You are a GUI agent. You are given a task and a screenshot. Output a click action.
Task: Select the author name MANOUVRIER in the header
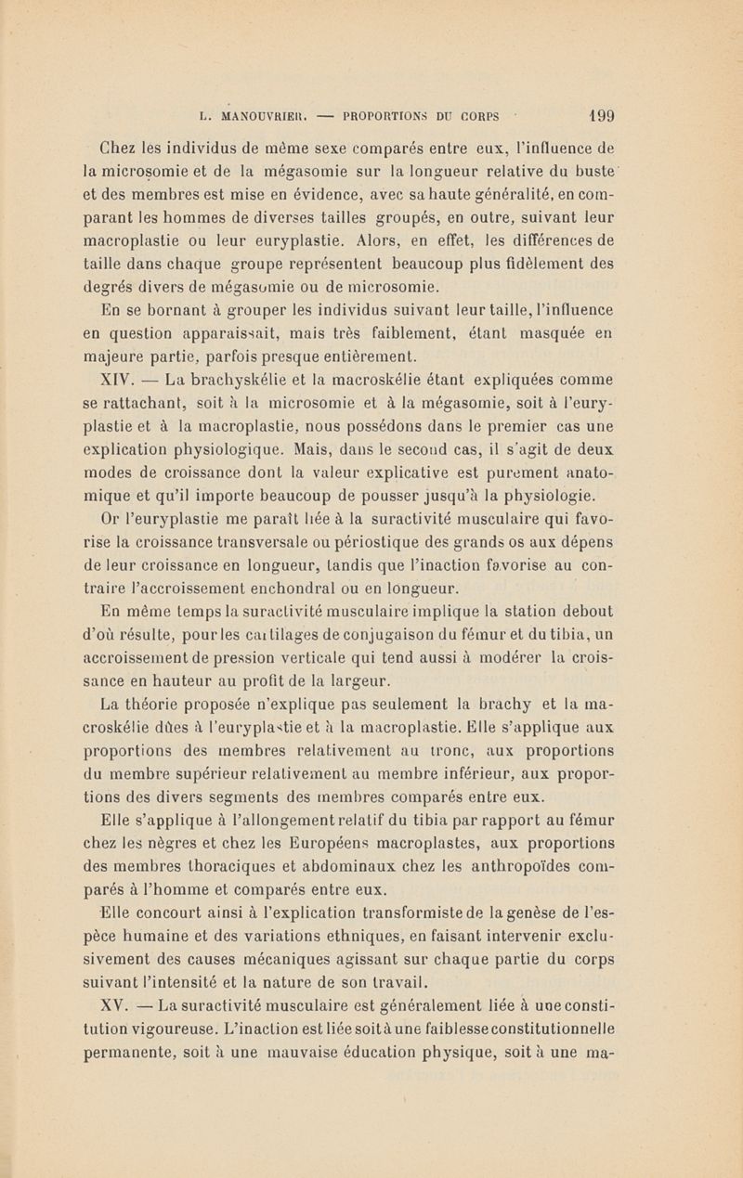tap(274, 119)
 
